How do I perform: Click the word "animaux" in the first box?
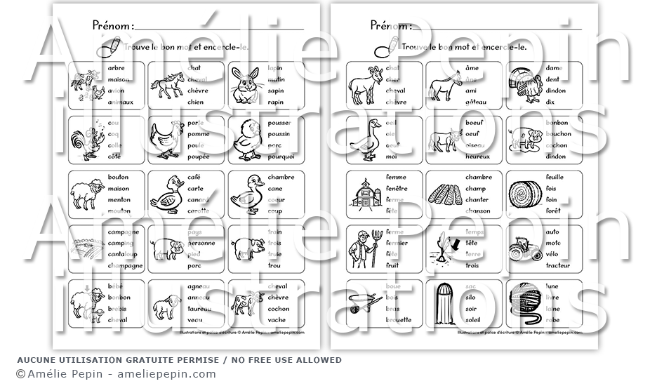tap(121, 102)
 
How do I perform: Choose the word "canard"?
tap(198, 199)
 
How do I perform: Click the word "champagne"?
tap(125, 266)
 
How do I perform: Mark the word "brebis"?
tap(118, 310)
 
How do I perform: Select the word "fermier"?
tap(397, 243)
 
